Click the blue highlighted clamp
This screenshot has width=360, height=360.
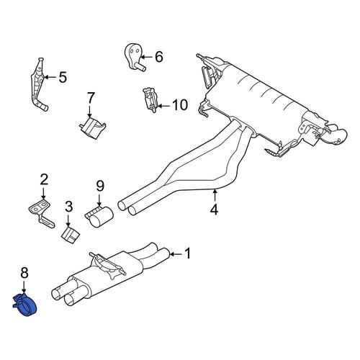tap(25, 305)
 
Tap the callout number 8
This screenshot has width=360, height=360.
tap(24, 273)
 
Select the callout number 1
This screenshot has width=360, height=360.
tap(188, 253)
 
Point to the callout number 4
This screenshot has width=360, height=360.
tap(214, 210)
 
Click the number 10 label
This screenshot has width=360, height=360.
tap(180, 105)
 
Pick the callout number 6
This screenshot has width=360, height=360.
tap(159, 57)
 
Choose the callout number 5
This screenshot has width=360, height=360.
tap(63, 77)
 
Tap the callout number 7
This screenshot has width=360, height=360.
tap(90, 99)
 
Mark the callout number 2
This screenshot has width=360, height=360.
tap(44, 180)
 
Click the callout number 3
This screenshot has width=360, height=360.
tap(69, 207)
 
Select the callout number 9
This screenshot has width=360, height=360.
tap(100, 186)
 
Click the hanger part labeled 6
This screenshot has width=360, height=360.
tap(135, 57)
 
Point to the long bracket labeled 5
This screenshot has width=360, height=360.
tap(38, 84)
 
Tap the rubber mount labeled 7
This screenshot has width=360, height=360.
tap(93, 127)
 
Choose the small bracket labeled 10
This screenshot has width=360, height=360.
tap(151, 100)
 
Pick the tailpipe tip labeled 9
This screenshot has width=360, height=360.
tap(99, 215)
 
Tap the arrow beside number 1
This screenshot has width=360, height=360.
tap(176, 253)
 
